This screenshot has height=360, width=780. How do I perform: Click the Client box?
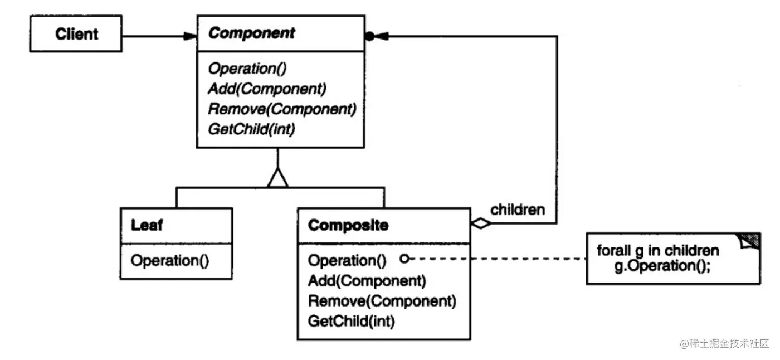point(77,35)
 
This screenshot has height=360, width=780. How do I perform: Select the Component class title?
point(251,33)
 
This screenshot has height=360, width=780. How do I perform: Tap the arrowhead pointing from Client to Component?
point(190,36)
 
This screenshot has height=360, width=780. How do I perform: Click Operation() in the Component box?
point(246,69)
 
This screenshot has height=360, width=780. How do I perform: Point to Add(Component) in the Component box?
point(267,89)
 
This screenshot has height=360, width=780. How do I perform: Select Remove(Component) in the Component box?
point(281,109)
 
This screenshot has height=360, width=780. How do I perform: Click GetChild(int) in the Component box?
point(251,129)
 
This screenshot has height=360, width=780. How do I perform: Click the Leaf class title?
point(147,226)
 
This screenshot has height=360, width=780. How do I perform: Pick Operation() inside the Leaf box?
point(169,260)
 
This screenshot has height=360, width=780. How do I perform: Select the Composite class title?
point(348,226)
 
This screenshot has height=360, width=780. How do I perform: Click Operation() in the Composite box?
point(347,260)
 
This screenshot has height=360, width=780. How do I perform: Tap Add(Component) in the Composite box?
point(367,280)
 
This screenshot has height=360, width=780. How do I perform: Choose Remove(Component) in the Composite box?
point(382,301)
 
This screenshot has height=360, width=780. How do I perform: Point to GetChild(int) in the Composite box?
point(351,322)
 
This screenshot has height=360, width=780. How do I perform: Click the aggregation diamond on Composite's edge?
point(481,224)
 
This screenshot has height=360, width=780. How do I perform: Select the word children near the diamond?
point(517,210)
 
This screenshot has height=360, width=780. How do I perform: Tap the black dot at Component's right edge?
point(369,36)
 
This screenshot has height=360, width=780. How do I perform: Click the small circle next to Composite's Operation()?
point(405,259)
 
